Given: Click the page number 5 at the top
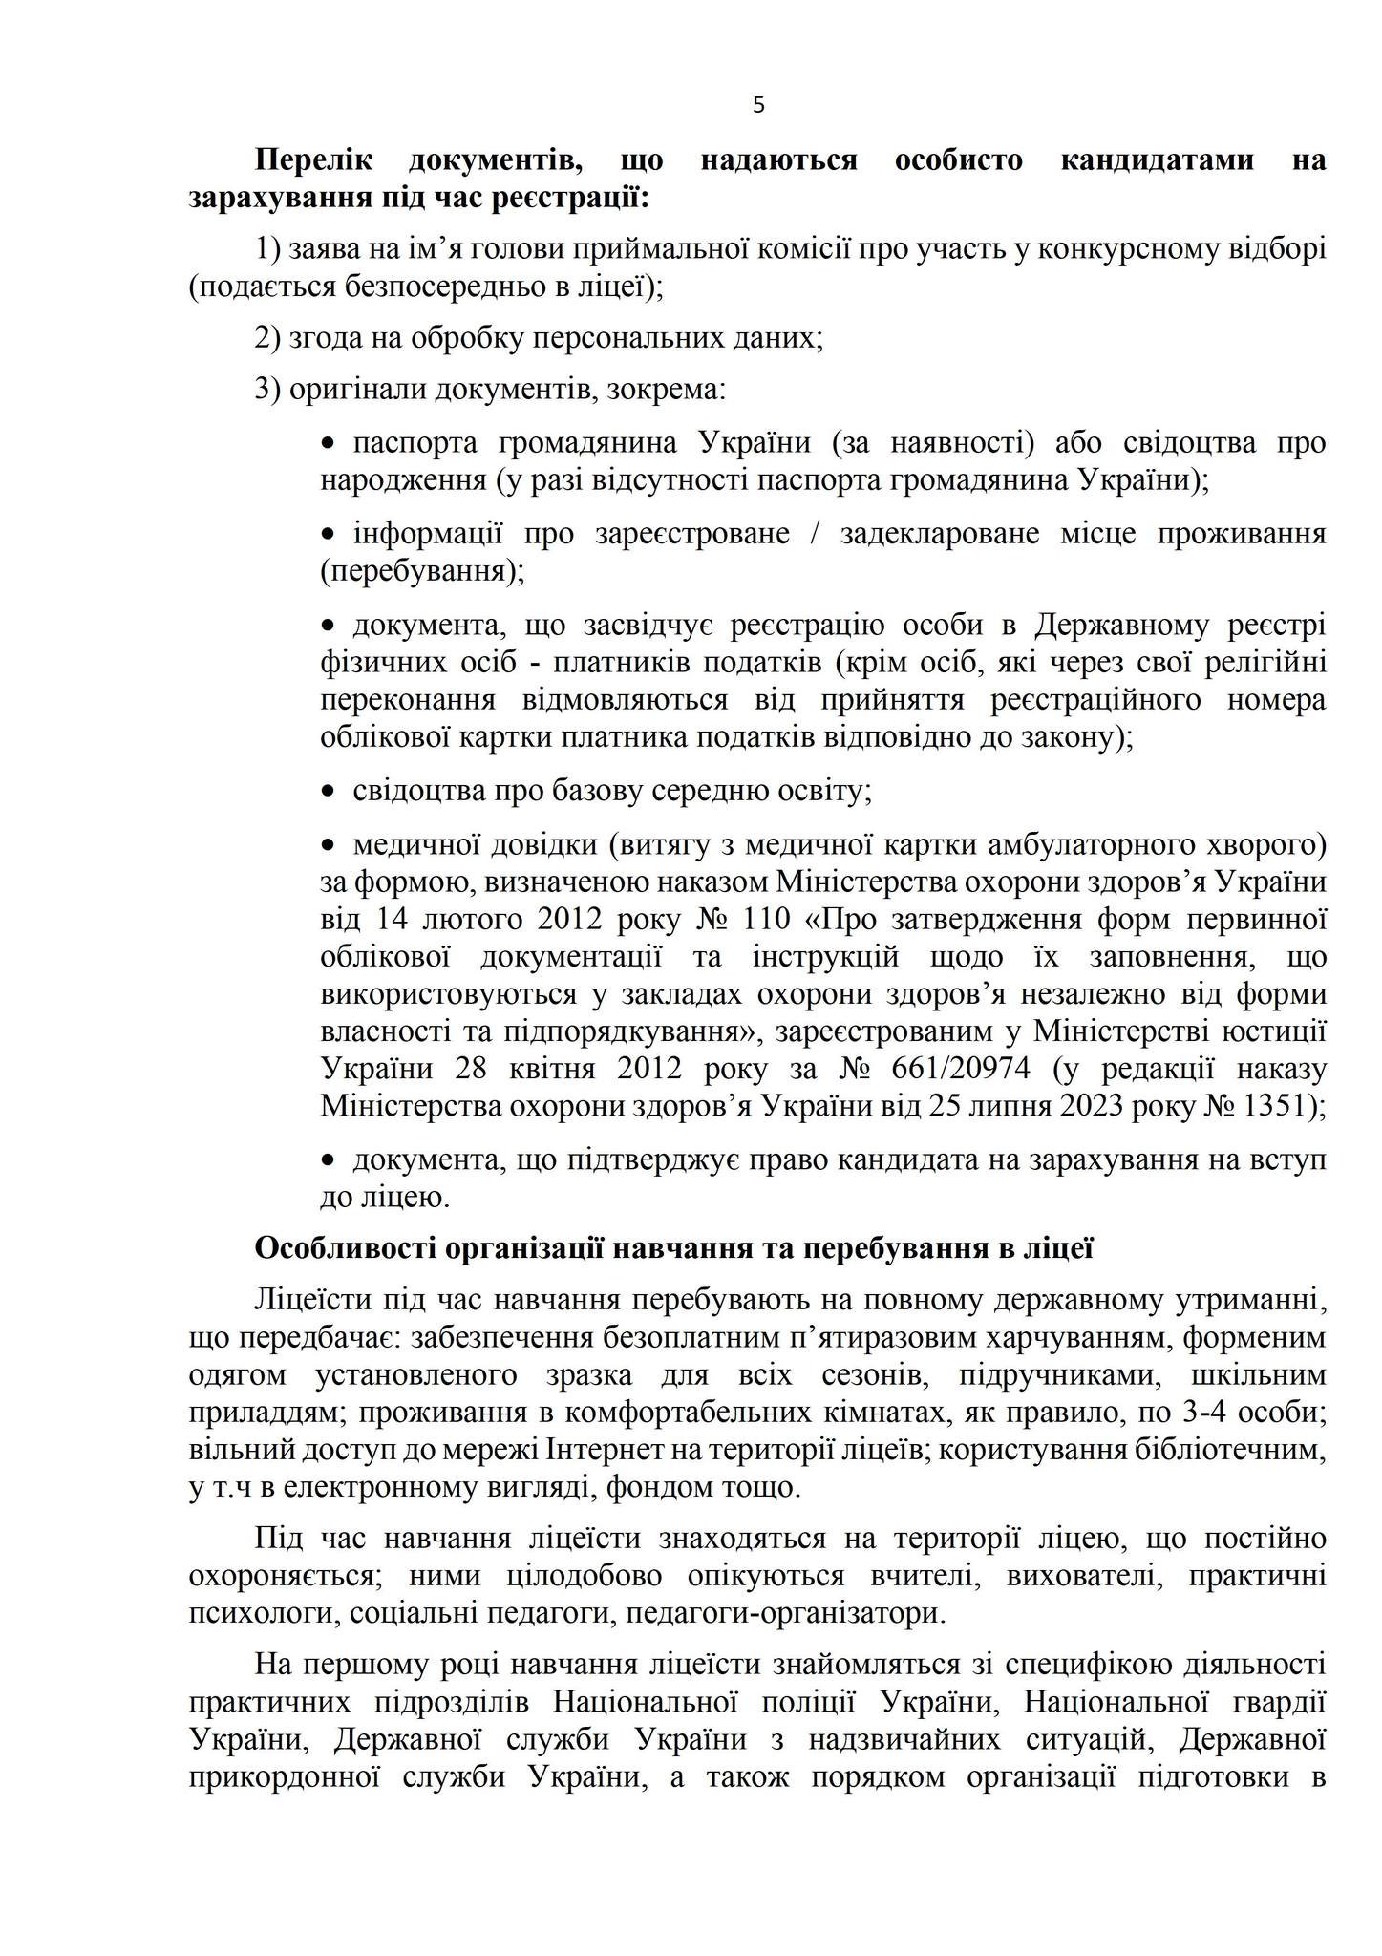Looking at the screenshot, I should [x=758, y=106].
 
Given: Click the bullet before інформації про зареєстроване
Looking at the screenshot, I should [x=330, y=533].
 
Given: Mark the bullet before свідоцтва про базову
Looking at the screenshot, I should [x=330, y=791].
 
